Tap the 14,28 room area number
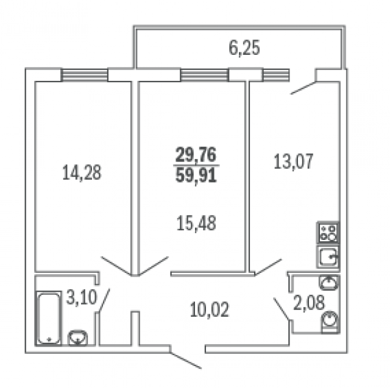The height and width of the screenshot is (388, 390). [82, 172]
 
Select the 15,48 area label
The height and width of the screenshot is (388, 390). [196, 223]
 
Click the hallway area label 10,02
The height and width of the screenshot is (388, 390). [208, 311]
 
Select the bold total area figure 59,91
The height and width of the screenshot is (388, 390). [196, 175]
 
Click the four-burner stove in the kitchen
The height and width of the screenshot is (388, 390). [328, 233]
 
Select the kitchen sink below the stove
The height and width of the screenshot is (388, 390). [328, 256]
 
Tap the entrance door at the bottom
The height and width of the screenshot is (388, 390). [186, 360]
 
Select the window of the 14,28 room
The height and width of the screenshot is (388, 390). [85, 75]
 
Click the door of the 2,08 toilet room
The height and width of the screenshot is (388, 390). [282, 310]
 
